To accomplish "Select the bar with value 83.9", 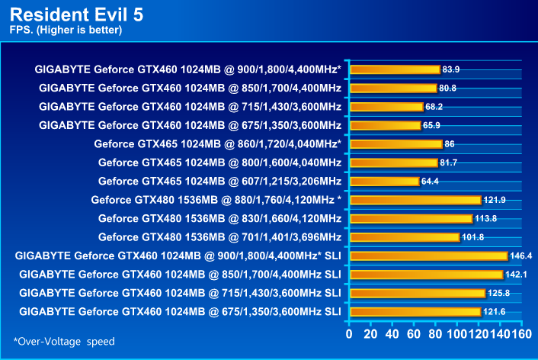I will pyautogui.click(x=394, y=69).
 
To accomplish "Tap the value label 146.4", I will pyautogui.click(x=521, y=256).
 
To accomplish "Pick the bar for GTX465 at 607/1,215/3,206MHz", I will pyautogui.click(x=384, y=181).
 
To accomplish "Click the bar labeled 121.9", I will pyautogui.click(x=415, y=200).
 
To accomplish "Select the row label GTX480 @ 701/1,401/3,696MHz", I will pyautogui.click(x=219, y=236).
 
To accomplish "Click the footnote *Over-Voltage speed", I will pyautogui.click(x=64, y=341).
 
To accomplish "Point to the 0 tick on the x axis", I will pyautogui.click(x=349, y=333).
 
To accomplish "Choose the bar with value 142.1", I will pyautogui.click(x=425, y=274).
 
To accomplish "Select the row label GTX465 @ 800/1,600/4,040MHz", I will pyautogui.click(x=219, y=162).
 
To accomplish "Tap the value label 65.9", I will pyautogui.click(x=434, y=125).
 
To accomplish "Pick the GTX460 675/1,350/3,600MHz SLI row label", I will pyautogui.click(x=180, y=311).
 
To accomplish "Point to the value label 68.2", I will pyautogui.click(x=435, y=107).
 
